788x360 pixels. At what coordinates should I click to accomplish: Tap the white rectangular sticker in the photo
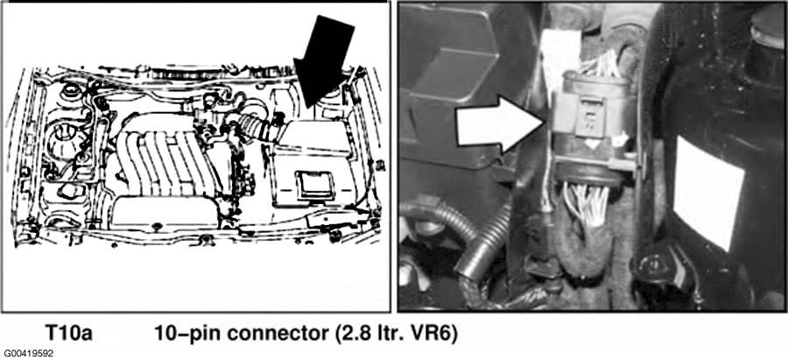click(708, 193)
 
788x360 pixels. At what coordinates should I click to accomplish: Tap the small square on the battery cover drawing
click(314, 183)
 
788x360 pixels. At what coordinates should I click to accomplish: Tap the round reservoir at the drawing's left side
click(63, 140)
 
